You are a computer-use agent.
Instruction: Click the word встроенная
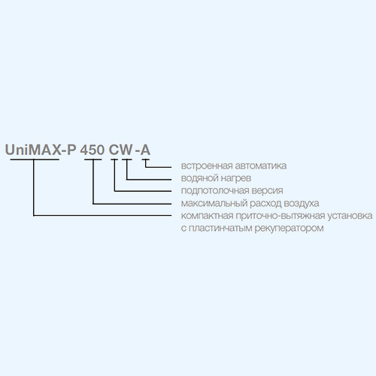[206, 166]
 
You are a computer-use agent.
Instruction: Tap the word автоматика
[261, 166]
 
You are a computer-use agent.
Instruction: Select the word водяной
[199, 178]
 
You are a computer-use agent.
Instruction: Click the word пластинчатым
[220, 229]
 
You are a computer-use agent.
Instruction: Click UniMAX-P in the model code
[41, 150]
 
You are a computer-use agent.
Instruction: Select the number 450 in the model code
[92, 150]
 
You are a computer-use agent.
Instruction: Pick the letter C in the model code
[114, 150]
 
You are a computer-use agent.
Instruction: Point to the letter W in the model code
[126, 150]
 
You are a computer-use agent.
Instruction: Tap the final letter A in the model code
[145, 150]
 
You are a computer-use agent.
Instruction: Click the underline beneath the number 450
[93, 159]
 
